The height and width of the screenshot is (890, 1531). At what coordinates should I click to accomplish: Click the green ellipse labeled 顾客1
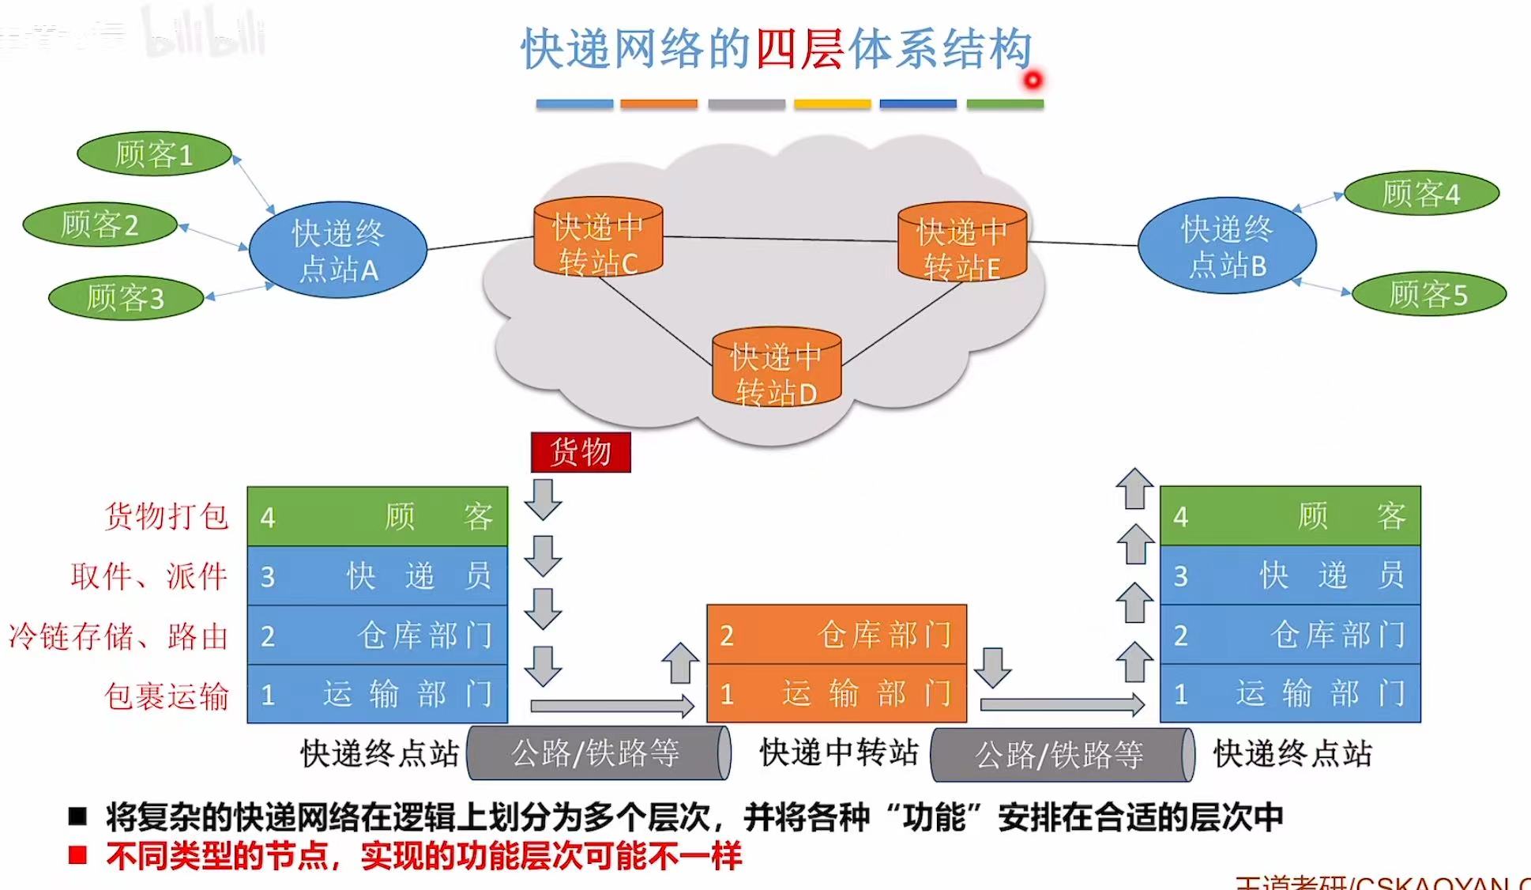(x=154, y=154)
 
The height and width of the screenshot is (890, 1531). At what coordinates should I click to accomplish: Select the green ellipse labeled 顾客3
(x=126, y=298)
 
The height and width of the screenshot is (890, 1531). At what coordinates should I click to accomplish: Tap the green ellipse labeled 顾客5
(x=1428, y=294)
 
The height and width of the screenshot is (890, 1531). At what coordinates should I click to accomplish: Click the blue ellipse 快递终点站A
(x=338, y=250)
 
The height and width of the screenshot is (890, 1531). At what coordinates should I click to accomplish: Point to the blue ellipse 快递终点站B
(x=1227, y=246)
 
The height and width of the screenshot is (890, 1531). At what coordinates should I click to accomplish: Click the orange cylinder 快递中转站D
(x=777, y=368)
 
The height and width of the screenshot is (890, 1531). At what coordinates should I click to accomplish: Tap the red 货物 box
(x=581, y=452)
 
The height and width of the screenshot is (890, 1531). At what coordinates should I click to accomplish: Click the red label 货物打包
(x=167, y=516)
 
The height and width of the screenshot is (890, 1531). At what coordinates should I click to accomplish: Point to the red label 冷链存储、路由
(x=118, y=635)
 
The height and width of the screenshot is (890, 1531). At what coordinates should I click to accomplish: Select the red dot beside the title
(x=1033, y=80)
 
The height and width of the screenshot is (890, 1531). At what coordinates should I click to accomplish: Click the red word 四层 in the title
(x=799, y=49)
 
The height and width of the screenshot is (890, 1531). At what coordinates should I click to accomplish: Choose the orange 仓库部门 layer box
(x=837, y=635)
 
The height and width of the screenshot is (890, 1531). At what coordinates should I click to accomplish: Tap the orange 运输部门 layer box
(x=837, y=693)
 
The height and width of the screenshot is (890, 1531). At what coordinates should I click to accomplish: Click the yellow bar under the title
(x=832, y=104)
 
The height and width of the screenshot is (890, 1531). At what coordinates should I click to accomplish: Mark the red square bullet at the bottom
(x=77, y=855)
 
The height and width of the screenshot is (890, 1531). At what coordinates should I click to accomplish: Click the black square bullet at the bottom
(x=77, y=816)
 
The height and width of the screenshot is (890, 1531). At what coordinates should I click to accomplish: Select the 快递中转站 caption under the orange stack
(x=839, y=752)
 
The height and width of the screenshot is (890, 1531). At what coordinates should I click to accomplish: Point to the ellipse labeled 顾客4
(x=1421, y=193)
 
